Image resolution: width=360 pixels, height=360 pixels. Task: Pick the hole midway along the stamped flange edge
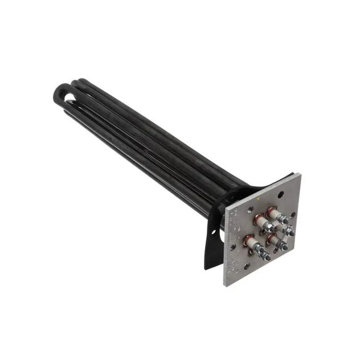pos(233,247)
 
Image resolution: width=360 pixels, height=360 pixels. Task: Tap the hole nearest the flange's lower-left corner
pos(247,266)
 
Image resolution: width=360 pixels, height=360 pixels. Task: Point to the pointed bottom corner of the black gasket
pos(206,268)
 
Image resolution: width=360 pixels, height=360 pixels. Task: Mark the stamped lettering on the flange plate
pos(230,234)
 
